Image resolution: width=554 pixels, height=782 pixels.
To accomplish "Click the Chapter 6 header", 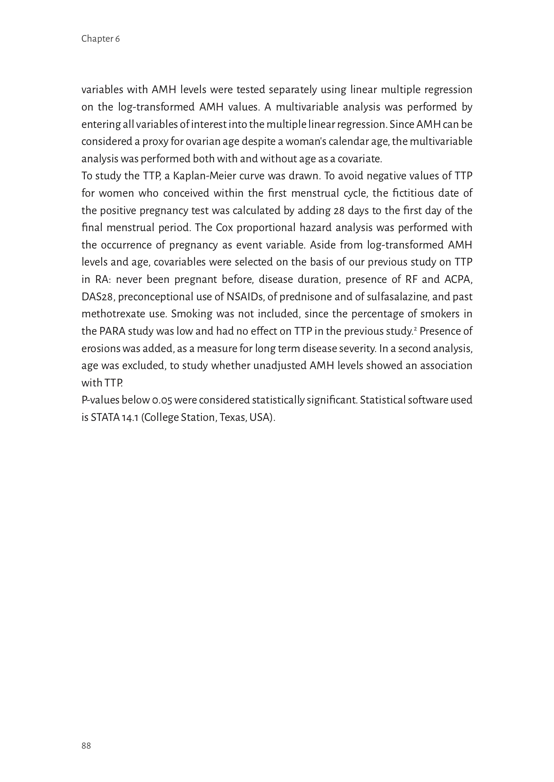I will (x=100, y=39).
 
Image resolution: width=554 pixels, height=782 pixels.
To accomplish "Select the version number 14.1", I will (x=131, y=417).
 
